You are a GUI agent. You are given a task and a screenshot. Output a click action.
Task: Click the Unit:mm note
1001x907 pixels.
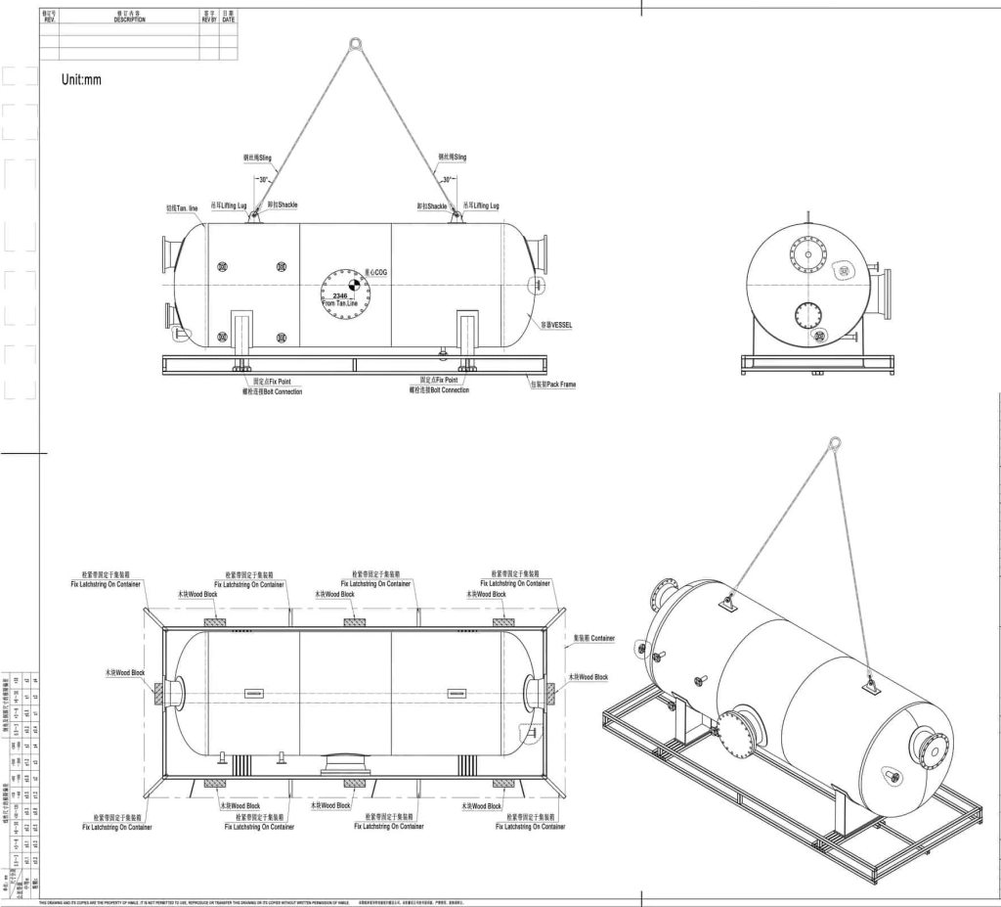81,80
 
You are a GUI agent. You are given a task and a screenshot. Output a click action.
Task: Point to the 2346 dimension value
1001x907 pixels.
340,295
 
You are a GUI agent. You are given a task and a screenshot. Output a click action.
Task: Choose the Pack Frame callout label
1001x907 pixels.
552,385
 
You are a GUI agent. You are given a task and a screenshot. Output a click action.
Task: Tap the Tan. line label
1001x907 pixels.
182,208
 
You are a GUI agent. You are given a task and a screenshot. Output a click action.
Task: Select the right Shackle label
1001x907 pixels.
435,206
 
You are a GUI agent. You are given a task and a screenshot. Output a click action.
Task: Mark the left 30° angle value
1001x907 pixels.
262,180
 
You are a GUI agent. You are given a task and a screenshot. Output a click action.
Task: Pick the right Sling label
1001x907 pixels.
452,157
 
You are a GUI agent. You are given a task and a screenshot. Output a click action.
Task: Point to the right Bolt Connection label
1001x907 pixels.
439,390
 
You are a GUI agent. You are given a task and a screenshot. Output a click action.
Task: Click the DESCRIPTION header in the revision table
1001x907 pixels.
129,17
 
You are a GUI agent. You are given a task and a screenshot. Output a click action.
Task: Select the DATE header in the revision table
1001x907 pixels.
228,17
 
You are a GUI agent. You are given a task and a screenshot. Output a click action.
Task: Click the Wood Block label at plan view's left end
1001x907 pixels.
124,673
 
